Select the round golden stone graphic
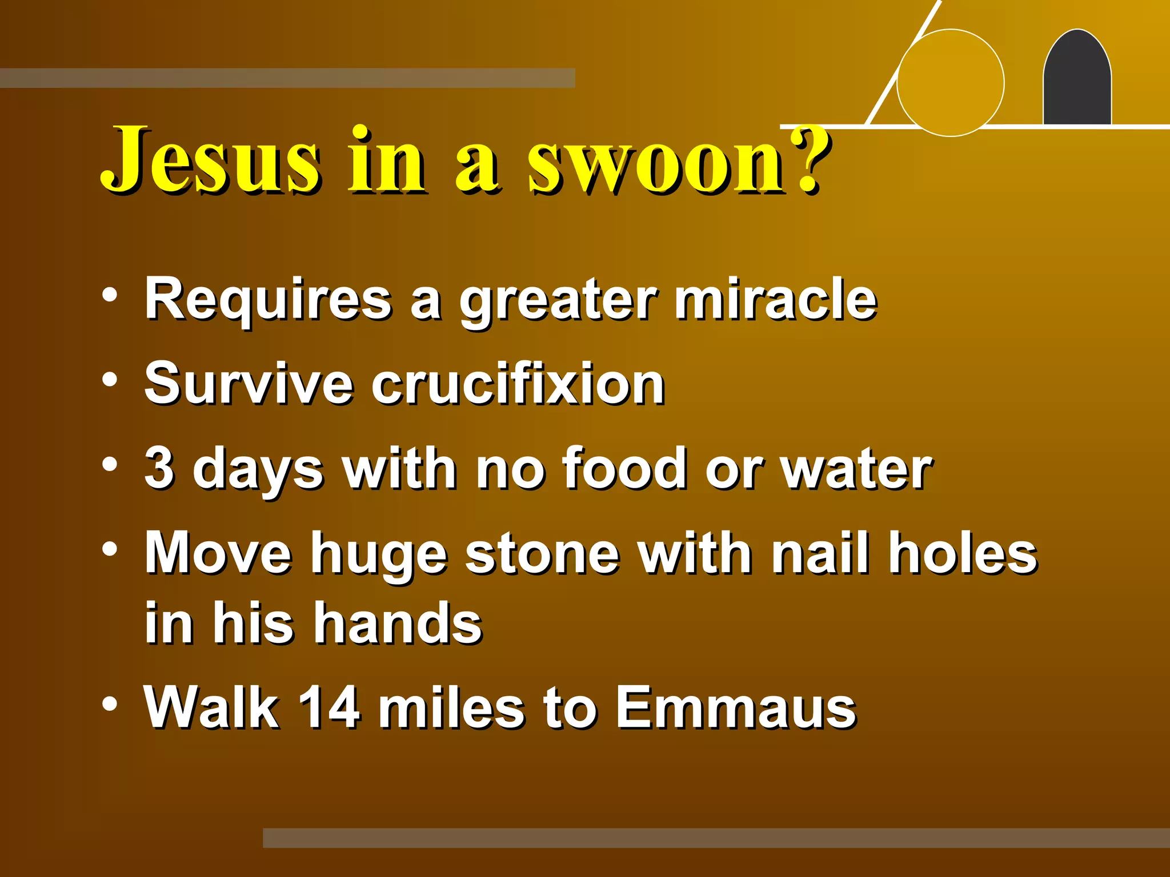pyautogui.click(x=950, y=83)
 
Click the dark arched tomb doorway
pyautogui.click(x=1077, y=80)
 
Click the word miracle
pyautogui.click(x=775, y=299)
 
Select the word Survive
pyautogui.click(x=249, y=384)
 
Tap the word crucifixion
pyautogui.click(x=518, y=384)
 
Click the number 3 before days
pyautogui.click(x=159, y=468)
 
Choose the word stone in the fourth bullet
pyautogui.click(x=542, y=554)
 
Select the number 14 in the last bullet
pyautogui.click(x=329, y=708)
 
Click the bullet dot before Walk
pyautogui.click(x=110, y=703)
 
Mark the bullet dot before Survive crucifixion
pyautogui.click(x=110, y=380)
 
